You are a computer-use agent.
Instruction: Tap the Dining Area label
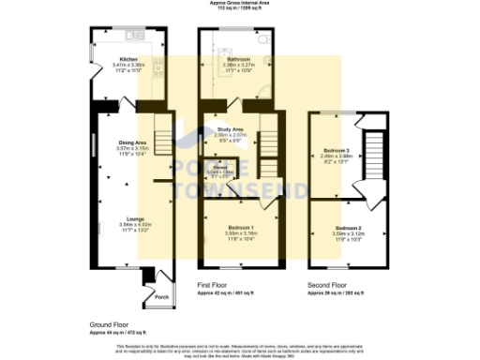[131, 142]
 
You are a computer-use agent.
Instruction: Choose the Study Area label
[230, 129]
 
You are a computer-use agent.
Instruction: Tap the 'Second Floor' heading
[326, 283]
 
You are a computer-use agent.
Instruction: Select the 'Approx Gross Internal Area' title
[240, 4]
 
